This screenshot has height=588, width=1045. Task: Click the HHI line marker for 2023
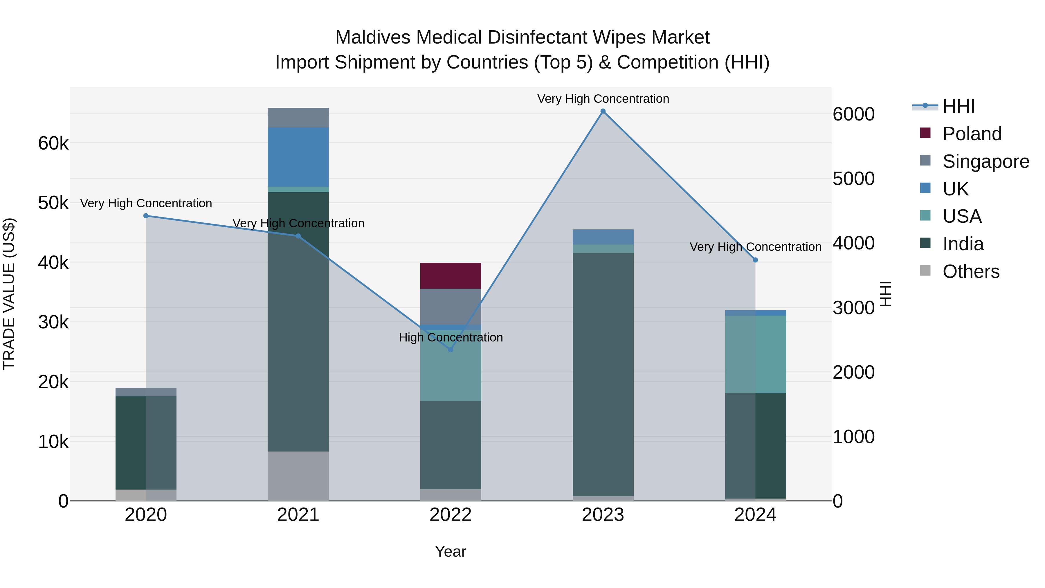[x=603, y=111]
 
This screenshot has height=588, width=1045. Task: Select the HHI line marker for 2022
[x=450, y=349]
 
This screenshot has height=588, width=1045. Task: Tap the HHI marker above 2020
[x=146, y=216]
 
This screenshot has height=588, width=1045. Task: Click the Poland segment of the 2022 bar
[x=450, y=276]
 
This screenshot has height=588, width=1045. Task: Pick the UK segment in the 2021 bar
[x=298, y=157]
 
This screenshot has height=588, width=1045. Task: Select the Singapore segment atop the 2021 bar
[x=298, y=118]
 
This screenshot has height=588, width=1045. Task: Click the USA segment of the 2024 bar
[x=755, y=354]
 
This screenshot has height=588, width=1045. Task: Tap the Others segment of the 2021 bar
[x=298, y=476]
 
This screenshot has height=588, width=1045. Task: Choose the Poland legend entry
[x=972, y=134]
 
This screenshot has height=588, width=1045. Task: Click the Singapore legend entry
[x=985, y=161]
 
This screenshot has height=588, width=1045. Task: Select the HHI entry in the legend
[x=958, y=106]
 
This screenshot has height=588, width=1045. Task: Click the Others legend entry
[x=970, y=271]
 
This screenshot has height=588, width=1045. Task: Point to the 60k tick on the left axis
[x=53, y=143]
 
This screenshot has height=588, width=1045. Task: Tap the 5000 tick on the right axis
[x=853, y=179]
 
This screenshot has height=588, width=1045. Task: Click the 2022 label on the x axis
[x=450, y=515]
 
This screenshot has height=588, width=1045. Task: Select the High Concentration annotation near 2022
[x=450, y=337]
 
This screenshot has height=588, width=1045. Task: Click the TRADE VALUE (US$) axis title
[x=9, y=294]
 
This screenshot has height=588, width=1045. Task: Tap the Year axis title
[x=450, y=551]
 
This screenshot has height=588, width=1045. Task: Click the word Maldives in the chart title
[x=373, y=37]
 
